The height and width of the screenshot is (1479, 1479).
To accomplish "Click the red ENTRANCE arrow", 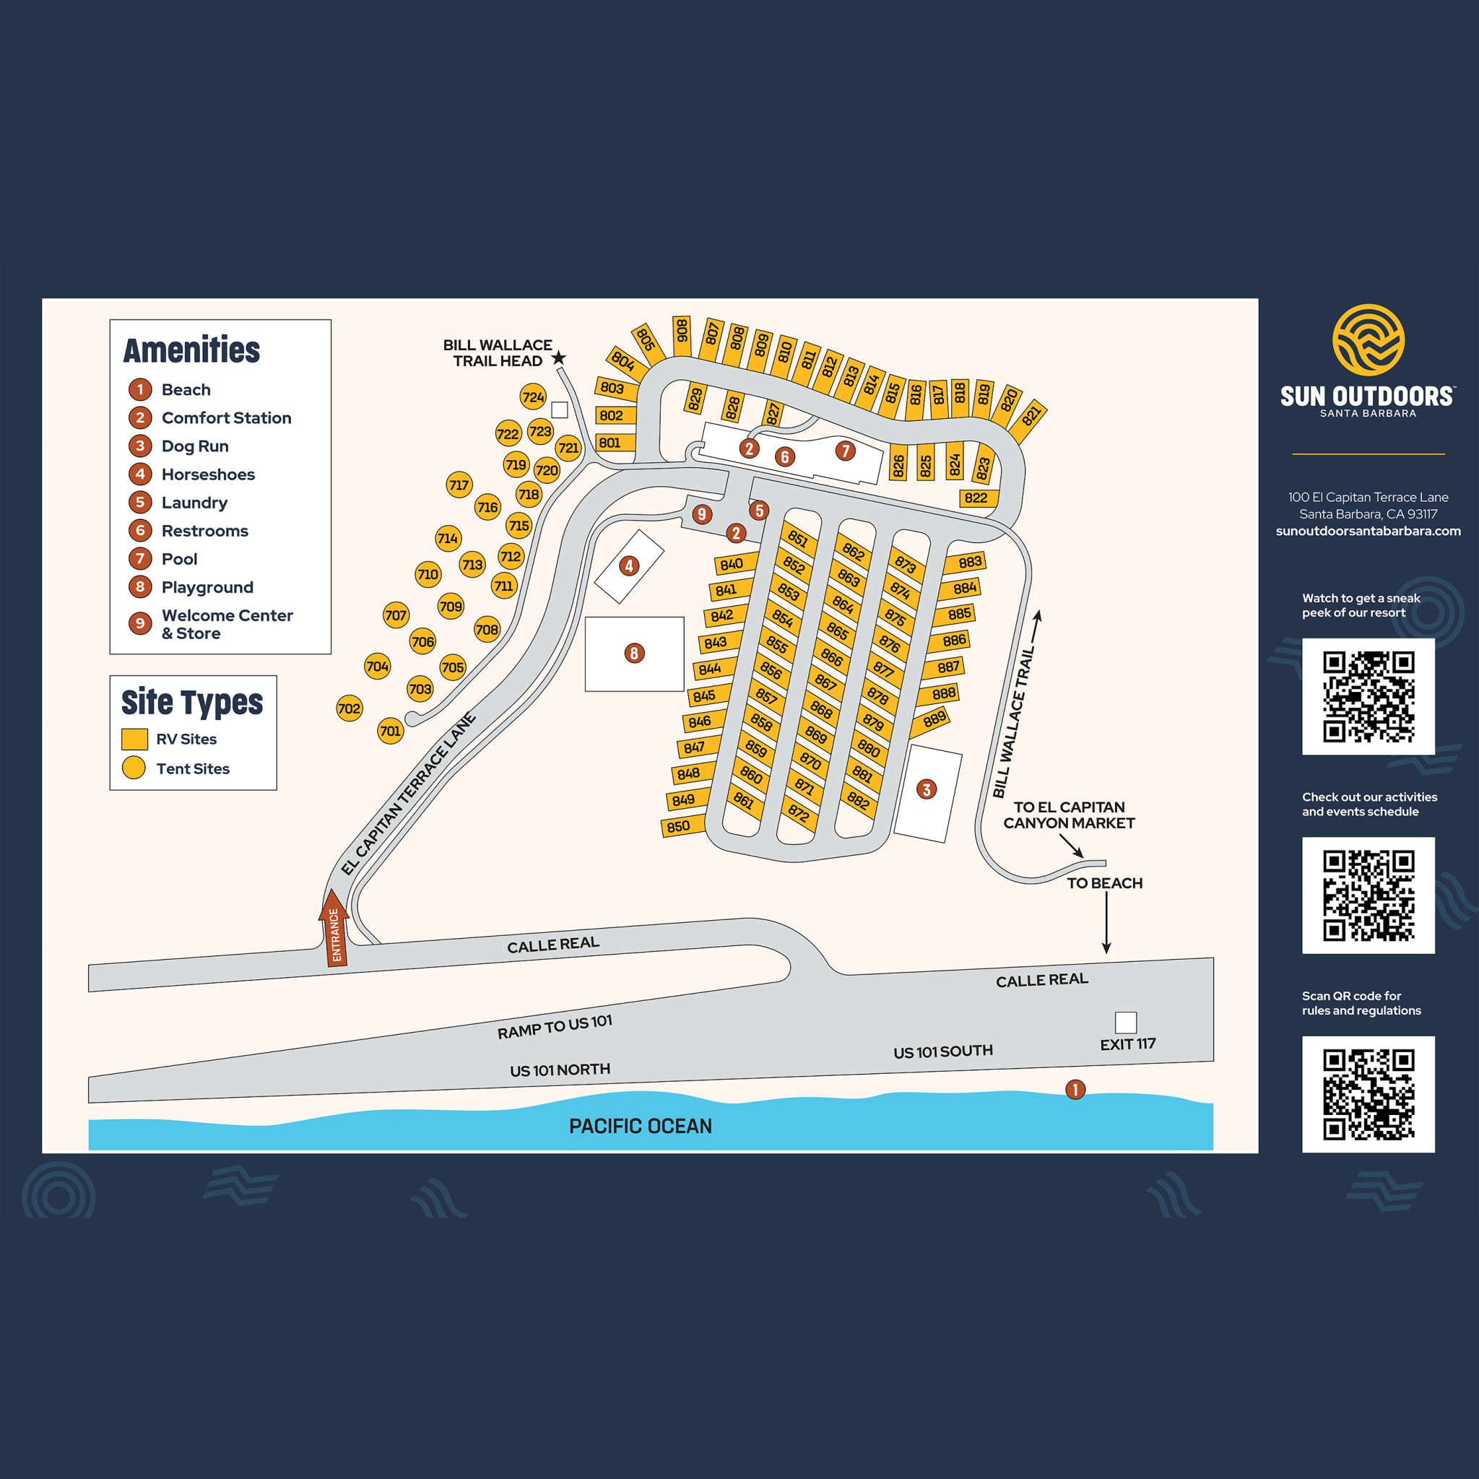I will pos(334,929).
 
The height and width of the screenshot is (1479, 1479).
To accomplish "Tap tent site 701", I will pos(391,731).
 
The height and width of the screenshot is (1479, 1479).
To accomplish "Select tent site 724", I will pos(533,396).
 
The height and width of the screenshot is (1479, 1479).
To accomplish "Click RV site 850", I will pos(679,827).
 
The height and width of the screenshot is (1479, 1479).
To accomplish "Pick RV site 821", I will pos(1031,417).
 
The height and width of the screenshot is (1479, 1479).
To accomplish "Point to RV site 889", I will pos(934,719).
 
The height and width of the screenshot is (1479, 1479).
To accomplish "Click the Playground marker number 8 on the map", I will pos(634,653).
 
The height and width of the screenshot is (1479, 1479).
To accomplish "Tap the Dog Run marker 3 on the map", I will pos(927,789).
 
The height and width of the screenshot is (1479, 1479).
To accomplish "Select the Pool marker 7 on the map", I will pos(845,451).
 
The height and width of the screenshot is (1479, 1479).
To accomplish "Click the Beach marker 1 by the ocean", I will pos(1075,1089).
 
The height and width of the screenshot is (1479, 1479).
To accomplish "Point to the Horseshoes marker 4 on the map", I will pos(629,565).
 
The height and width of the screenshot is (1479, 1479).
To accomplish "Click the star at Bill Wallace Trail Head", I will pos(559,357).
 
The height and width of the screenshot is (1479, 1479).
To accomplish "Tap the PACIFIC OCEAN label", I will pos(641,1126).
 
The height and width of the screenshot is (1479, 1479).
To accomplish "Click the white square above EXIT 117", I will pos(1125,1022).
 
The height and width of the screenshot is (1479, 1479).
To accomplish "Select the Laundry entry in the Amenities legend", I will pos(194,503).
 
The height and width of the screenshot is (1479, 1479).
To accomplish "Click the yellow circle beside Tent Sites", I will pos(134,768).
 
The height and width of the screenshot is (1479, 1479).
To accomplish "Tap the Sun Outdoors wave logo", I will pos(1368,340).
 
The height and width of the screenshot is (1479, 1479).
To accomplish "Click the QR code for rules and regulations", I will pos(1368,1094).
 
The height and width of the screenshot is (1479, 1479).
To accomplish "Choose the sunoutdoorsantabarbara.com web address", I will pos(1368,532).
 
